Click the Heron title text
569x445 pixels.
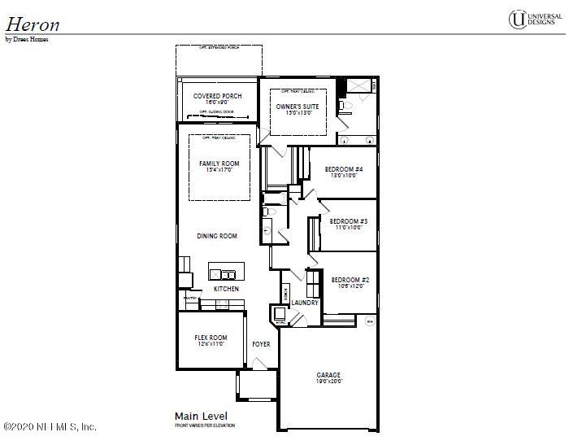33,22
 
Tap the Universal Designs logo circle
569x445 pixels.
516,20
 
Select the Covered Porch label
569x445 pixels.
217,96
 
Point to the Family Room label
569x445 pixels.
219,164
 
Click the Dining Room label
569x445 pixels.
217,236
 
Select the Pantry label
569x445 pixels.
190,299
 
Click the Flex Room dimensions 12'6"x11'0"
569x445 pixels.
211,344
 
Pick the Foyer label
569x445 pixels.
261,344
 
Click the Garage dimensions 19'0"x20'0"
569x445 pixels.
329,381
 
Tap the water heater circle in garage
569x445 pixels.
370,321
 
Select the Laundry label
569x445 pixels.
305,303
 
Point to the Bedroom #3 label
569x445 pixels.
349,221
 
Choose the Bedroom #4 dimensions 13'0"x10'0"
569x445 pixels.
343,176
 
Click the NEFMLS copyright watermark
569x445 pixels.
50,426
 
